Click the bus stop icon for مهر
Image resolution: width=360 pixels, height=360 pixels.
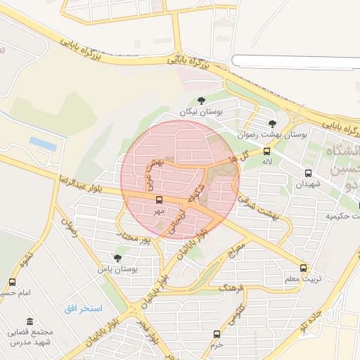point(159,200)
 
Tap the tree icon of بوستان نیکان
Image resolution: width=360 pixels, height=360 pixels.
point(202,100)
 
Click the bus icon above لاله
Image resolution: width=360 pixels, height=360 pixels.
point(266,151)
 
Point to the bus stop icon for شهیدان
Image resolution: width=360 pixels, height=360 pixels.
point(307,173)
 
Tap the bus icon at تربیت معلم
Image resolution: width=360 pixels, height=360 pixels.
point(304,268)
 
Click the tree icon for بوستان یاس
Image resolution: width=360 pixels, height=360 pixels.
point(117,258)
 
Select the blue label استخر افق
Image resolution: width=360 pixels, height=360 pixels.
point(83,309)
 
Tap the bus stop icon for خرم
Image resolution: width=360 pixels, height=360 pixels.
point(217,334)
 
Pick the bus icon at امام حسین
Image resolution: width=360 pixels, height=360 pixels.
point(12,282)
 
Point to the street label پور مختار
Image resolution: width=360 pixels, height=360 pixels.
point(136,240)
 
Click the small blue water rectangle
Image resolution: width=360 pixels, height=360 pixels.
point(43,143)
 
